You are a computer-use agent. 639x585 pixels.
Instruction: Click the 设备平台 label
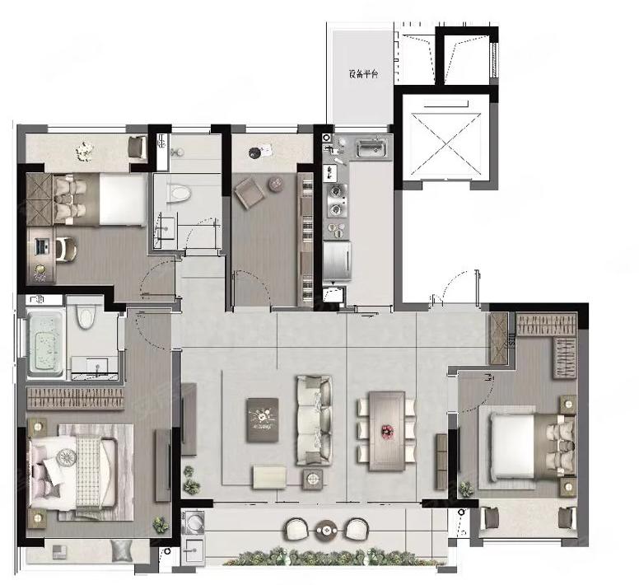click(363, 74)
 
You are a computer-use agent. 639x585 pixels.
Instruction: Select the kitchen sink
click(371, 148)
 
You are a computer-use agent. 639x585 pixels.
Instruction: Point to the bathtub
click(45, 343)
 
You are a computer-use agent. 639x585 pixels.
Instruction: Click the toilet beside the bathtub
click(86, 316)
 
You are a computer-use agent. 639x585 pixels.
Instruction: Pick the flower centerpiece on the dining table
click(386, 430)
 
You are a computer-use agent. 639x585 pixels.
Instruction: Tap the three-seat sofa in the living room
click(314, 420)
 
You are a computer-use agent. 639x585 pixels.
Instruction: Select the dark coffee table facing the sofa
click(263, 420)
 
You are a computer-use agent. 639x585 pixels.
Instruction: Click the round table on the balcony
click(326, 531)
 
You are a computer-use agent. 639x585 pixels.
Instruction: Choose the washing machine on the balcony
click(193, 522)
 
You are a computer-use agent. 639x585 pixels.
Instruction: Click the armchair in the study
click(250, 192)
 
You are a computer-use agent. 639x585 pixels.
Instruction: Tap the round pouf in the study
click(276, 185)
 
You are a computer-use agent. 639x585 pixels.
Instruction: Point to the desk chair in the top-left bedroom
click(66, 249)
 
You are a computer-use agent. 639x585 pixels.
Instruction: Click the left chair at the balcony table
click(298, 529)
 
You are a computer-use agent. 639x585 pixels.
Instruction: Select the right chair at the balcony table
click(357, 529)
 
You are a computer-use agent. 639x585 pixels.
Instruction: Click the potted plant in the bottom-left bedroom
click(161, 525)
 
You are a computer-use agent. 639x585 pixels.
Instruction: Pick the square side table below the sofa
click(313, 479)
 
